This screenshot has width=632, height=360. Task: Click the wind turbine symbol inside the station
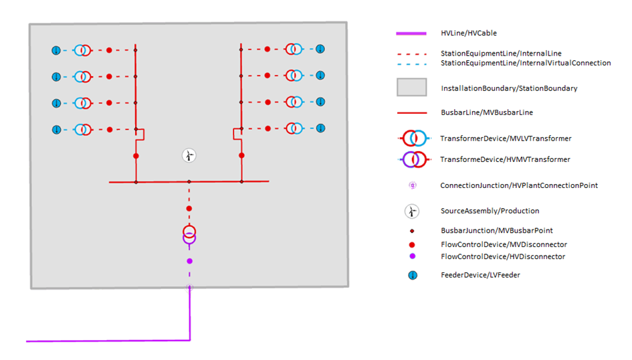(x=189, y=155)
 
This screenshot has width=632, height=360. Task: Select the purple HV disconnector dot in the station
(x=189, y=261)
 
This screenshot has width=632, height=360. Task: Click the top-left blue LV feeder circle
(x=56, y=50)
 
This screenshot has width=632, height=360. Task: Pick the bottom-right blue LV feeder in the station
(x=320, y=128)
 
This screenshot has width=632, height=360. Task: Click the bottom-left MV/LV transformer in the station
(x=82, y=129)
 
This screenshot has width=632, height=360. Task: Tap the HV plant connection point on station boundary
(x=189, y=288)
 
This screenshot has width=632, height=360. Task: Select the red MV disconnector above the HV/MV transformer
(x=189, y=209)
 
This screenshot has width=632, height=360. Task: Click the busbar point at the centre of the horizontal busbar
(x=189, y=181)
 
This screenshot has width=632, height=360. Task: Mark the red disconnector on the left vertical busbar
(x=136, y=155)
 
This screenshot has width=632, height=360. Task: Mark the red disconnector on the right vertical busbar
(x=241, y=155)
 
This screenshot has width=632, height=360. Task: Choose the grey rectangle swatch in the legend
(x=411, y=88)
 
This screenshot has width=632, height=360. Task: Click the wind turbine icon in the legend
(x=412, y=211)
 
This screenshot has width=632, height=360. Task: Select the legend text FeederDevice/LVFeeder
(x=480, y=275)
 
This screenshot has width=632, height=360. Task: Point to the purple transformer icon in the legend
(x=415, y=159)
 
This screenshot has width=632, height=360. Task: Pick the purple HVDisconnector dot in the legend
(x=412, y=256)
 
